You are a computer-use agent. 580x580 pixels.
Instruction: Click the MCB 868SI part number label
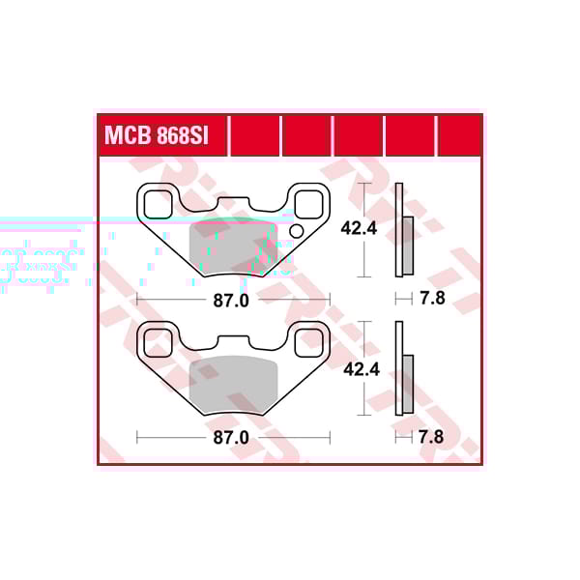point(155,136)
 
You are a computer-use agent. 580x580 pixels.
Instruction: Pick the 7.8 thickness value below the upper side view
point(432,299)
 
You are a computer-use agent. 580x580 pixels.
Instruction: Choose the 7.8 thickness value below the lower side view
point(432,438)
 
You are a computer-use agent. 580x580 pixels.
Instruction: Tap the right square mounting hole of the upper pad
point(308,204)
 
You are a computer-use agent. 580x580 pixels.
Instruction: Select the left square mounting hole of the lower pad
point(156,341)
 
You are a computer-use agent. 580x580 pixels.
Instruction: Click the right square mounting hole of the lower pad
point(308,341)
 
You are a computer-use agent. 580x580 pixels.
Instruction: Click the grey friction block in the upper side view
point(408,245)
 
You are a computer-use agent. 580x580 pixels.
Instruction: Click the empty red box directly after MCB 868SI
point(255,136)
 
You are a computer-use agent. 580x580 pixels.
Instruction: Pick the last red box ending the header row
point(459,136)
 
